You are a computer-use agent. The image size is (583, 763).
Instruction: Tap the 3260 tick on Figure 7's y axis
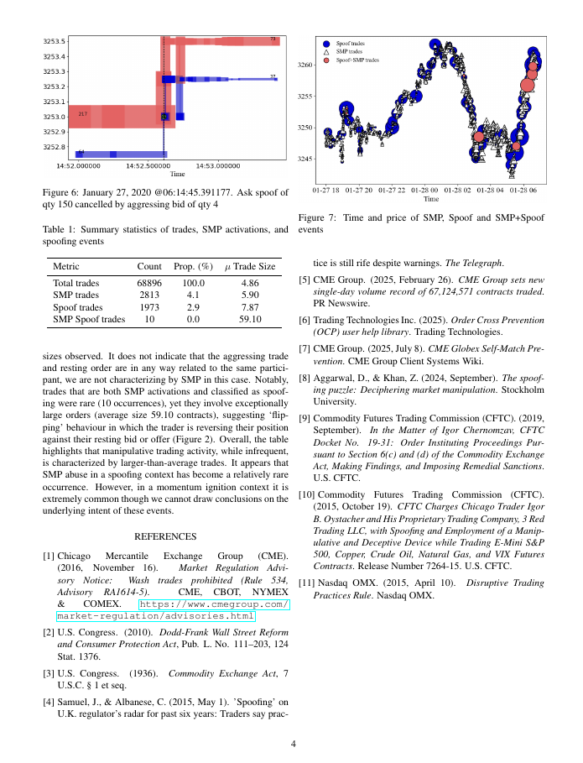coord(305,65)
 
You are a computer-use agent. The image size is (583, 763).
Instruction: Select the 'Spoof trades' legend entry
coord(351,42)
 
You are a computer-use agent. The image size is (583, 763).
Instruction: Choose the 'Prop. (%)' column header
coord(194,266)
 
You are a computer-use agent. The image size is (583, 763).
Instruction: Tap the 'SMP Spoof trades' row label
coord(89,319)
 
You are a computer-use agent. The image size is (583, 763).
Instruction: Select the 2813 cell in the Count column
coord(149,295)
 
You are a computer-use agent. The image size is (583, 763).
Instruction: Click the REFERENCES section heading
coord(165,536)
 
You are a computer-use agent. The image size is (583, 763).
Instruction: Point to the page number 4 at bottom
coord(293,744)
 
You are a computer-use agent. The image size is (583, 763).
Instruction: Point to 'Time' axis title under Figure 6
coord(177,175)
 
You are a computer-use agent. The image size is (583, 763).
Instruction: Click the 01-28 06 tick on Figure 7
coord(528,190)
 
